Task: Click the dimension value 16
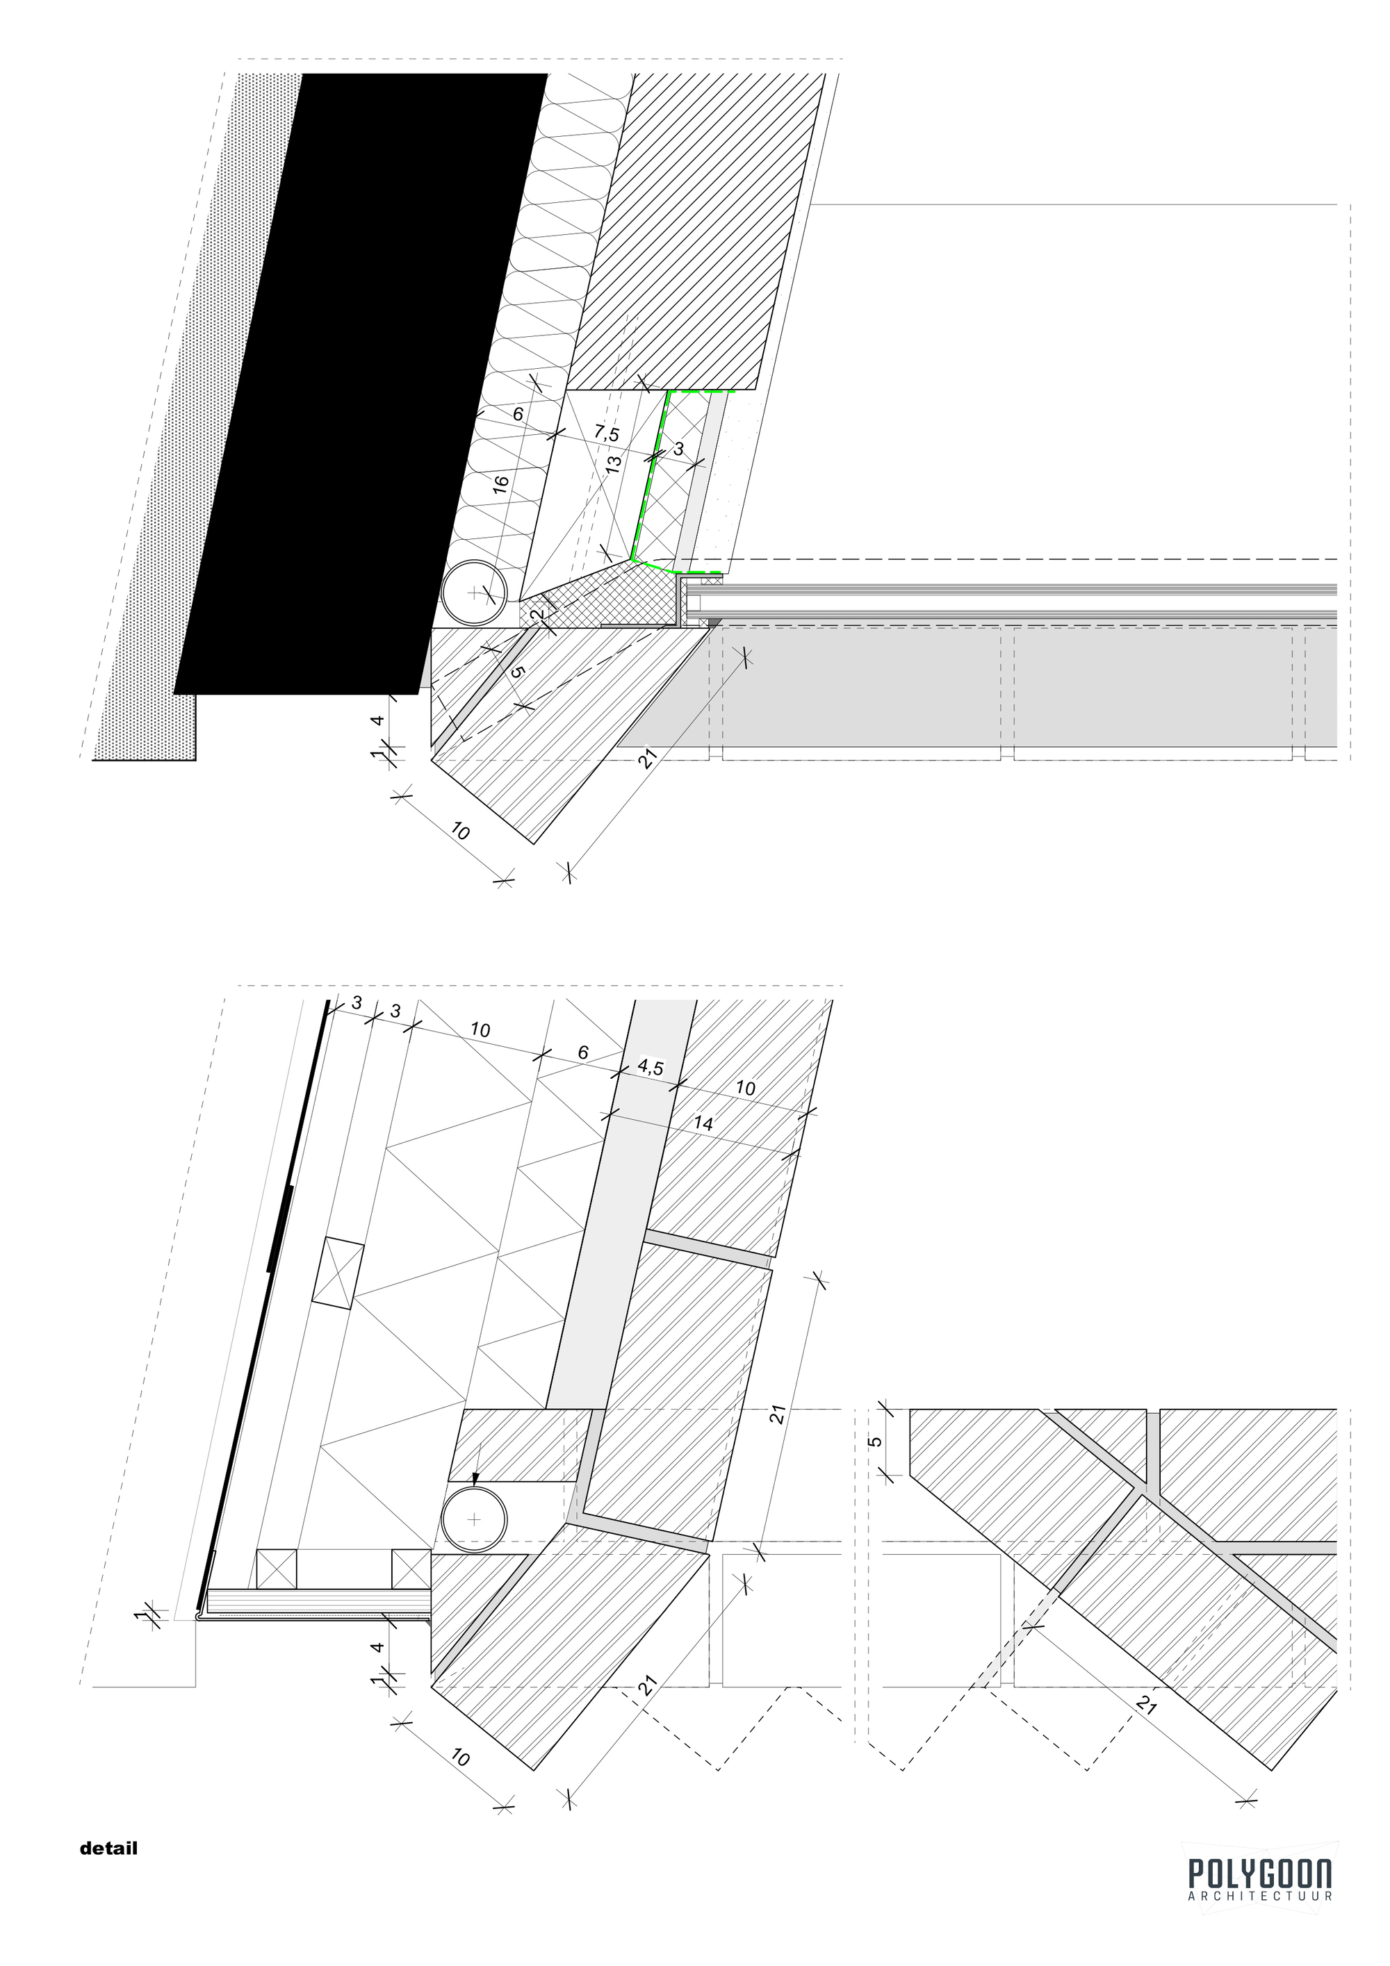tap(502, 481)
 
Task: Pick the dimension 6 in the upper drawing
tap(517, 413)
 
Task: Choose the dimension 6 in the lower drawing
tap(582, 1052)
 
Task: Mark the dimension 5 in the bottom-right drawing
tap(874, 1441)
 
